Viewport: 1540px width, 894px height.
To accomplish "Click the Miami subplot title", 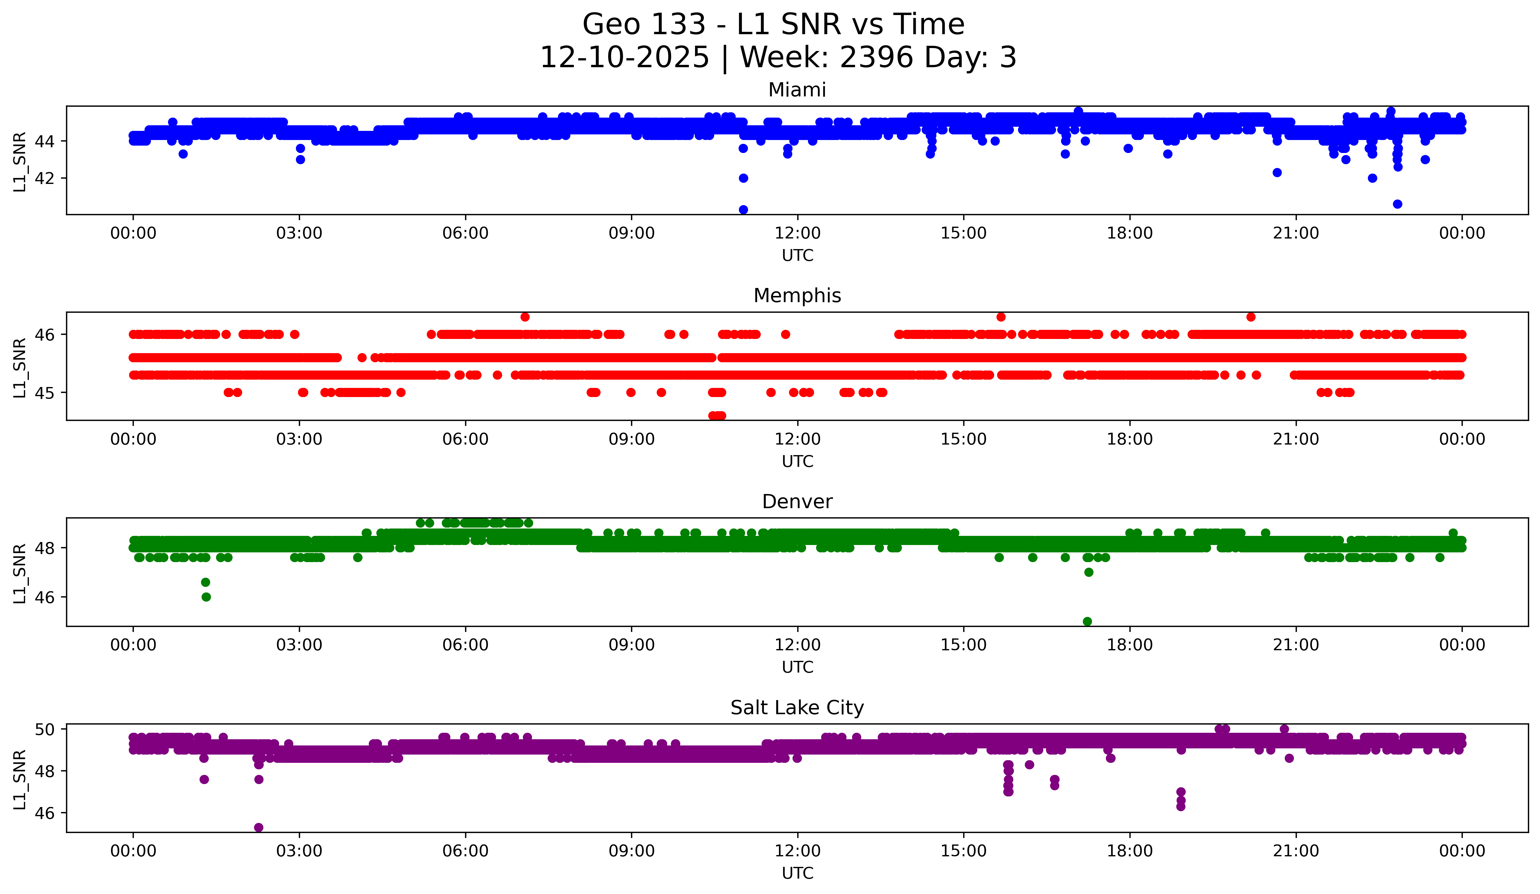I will (797, 90).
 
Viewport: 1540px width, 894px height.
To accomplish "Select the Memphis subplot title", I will (797, 296).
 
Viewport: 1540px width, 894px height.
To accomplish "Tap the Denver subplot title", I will (797, 502).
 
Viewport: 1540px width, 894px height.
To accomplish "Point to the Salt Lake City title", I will (797, 708).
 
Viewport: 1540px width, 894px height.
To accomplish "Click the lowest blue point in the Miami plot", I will (743, 210).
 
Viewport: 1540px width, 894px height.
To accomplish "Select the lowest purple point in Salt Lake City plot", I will (258, 827).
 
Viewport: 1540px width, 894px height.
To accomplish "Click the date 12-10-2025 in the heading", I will (625, 57).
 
